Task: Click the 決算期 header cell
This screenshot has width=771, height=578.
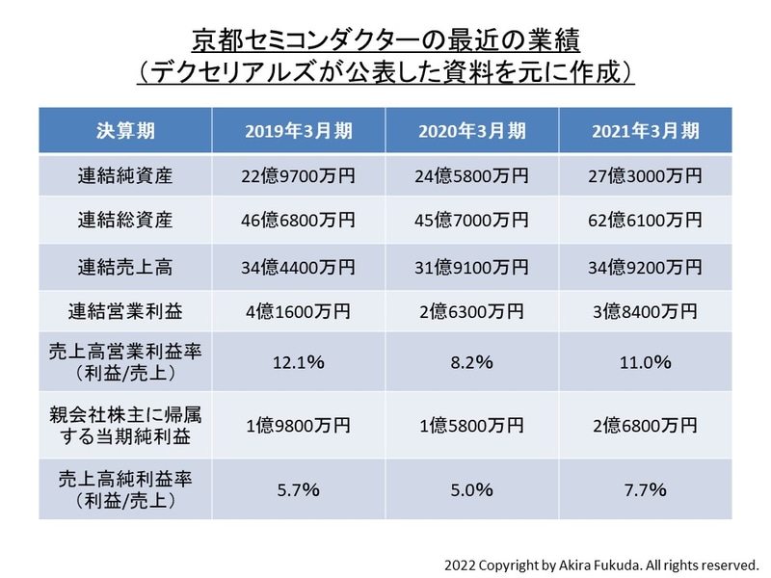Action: tap(125, 130)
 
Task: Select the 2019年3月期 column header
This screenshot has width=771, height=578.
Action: tap(298, 130)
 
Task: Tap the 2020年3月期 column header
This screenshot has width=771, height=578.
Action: tap(472, 130)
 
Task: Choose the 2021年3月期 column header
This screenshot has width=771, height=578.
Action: tap(646, 130)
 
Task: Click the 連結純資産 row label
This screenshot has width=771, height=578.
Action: tap(125, 175)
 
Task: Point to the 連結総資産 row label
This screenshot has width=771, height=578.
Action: tap(125, 220)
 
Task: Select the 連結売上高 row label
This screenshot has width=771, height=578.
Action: tap(125, 265)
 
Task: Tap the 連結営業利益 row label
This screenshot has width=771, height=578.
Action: tap(125, 310)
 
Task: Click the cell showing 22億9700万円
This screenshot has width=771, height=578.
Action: tap(298, 175)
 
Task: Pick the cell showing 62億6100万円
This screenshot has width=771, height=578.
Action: tap(646, 220)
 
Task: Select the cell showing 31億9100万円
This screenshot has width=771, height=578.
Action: tap(472, 265)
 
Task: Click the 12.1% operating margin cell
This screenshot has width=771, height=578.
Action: tap(298, 363)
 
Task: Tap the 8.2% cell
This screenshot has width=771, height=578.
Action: tap(472, 363)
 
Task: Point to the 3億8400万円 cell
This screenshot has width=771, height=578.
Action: tap(646, 310)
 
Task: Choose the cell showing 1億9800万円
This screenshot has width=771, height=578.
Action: tap(298, 425)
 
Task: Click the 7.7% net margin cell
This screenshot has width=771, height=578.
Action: tap(646, 489)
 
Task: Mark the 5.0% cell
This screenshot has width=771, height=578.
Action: tap(472, 489)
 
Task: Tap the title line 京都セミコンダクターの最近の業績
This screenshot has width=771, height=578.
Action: tap(385, 40)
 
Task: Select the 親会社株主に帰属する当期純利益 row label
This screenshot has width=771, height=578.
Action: tap(125, 425)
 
